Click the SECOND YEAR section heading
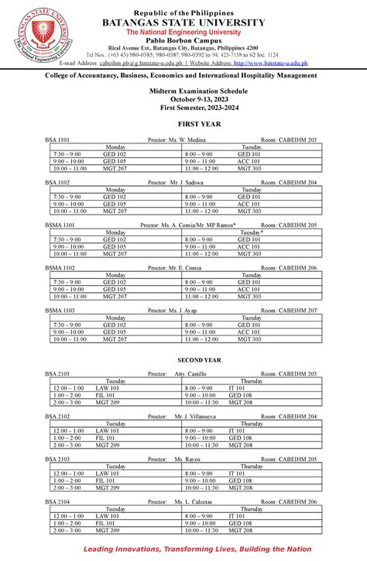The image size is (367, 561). pos(183,360)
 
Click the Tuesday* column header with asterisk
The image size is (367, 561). pos(251,232)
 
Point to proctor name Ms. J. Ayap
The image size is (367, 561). pos(174,310)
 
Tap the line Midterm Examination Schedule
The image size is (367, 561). pos(183,91)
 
